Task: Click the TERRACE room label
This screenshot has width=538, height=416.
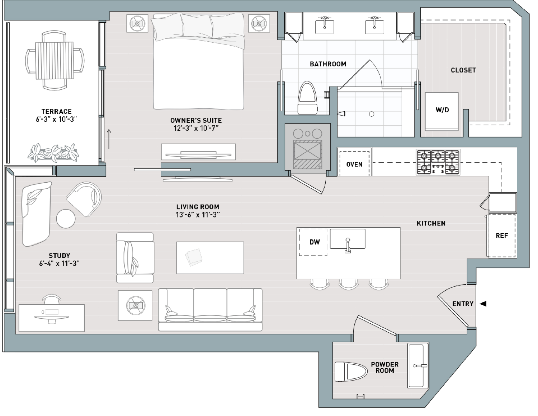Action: pos(56,112)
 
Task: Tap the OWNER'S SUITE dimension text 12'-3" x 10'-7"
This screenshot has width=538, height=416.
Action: pos(196,128)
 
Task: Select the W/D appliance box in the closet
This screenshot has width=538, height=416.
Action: pos(442,112)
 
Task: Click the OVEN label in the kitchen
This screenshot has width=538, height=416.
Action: pos(354,164)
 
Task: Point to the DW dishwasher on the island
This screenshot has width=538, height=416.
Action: pos(313,242)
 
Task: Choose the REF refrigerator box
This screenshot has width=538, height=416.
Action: pos(502,235)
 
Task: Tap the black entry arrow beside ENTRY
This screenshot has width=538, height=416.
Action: pos(483,304)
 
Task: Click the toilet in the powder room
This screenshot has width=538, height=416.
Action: pos(351,372)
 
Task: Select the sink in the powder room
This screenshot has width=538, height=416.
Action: pos(418,365)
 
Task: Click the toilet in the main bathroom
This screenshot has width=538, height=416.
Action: pos(308,98)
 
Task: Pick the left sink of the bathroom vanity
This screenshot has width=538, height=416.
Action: pos(324,25)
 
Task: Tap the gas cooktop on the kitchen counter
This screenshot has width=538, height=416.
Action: pos(438,162)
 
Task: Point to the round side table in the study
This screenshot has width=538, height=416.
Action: pos(66,219)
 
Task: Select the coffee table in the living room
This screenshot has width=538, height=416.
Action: pos(210,258)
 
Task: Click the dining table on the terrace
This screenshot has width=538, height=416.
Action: pos(55,60)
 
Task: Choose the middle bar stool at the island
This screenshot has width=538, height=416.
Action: pos(349,284)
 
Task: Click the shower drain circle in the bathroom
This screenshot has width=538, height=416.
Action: pos(371,114)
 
